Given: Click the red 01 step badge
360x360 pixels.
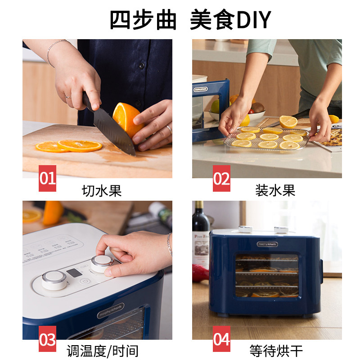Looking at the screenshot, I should [47, 178].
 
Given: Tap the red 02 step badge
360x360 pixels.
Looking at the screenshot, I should [221, 178].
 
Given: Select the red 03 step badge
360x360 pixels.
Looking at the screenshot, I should [47, 339].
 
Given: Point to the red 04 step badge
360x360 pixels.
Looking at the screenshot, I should [221, 339].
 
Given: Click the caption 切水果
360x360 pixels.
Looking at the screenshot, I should [102, 191].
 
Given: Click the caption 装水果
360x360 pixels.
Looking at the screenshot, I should [275, 191].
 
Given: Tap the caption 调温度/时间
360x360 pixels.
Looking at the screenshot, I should [102, 351].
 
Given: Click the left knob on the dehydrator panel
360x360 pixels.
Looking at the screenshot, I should [54, 280].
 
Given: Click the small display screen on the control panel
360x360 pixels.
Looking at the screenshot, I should [73, 273].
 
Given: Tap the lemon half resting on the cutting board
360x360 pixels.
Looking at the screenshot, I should [288, 121].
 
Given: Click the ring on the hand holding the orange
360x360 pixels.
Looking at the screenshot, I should [169, 130].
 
